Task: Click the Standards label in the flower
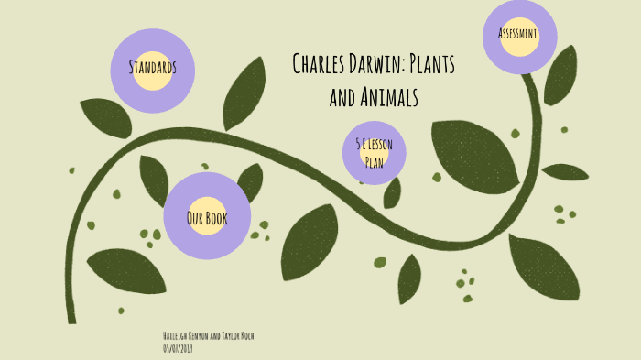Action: pos(152,67)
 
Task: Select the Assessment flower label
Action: pos(517,34)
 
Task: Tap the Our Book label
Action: pos(206,218)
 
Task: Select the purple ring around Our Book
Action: pos(206,185)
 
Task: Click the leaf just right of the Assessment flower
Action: pos(560,74)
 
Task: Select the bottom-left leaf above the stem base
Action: pos(124,270)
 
